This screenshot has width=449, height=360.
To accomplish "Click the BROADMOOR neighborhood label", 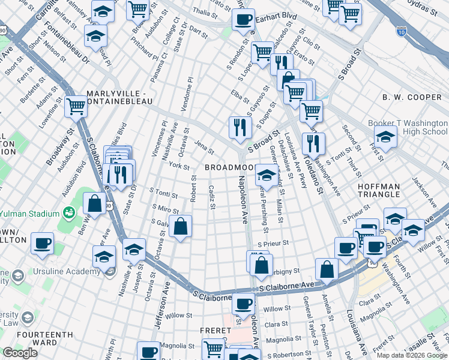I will (230, 167).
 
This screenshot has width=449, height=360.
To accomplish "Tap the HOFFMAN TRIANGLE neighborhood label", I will (387, 190).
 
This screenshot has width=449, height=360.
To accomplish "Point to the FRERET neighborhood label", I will (215, 331).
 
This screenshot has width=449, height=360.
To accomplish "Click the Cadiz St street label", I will (212, 197).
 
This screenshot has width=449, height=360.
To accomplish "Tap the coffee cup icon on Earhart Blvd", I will (243, 19).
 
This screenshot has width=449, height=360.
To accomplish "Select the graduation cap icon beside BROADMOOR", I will (266, 175).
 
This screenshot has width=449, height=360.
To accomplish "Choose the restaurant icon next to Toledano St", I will (313, 143).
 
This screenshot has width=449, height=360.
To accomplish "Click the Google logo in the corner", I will (20, 352).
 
